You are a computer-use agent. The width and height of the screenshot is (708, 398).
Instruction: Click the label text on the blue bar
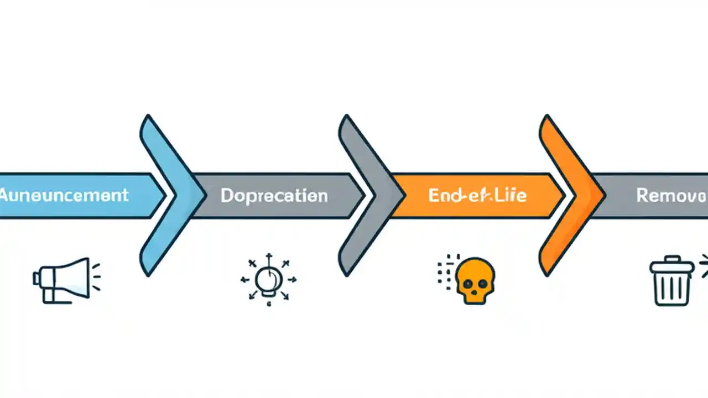(64, 195)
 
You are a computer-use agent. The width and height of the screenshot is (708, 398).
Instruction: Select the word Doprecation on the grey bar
(274, 195)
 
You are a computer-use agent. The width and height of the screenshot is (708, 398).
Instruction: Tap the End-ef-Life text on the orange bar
(477, 195)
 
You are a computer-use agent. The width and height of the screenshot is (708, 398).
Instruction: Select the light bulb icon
(269, 280)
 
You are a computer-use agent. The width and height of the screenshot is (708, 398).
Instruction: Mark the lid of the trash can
(671, 266)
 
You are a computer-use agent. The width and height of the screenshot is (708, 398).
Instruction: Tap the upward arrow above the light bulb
(269, 258)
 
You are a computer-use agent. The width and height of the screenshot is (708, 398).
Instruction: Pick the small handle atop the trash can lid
(671, 258)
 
